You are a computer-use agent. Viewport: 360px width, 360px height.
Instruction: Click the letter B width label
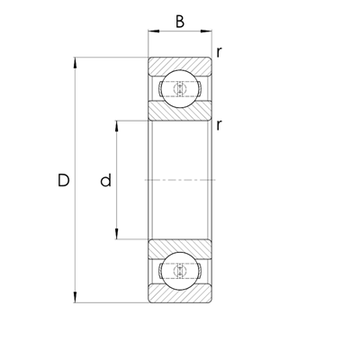click(180, 22)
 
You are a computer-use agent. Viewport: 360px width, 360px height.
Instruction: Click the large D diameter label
click(63, 180)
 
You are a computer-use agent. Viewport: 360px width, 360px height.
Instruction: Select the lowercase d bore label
click(105, 180)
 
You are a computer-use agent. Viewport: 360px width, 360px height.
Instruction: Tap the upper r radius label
click(220, 52)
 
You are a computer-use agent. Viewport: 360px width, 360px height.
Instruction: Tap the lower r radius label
click(220, 125)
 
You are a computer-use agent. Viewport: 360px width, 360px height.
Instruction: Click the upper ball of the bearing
click(180, 88)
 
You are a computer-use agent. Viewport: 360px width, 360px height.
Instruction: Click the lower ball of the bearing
click(180, 271)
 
